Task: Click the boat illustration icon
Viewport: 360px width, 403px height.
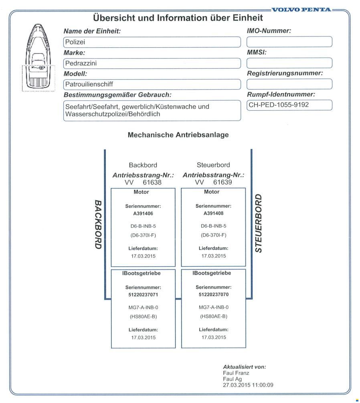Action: [x=38, y=58]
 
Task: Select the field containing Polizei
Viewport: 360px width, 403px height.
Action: [x=152, y=42]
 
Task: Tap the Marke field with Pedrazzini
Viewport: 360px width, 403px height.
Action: [x=152, y=63]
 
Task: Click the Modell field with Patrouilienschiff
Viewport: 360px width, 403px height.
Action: [x=152, y=84]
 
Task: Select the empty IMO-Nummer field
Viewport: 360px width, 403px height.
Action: [x=289, y=42]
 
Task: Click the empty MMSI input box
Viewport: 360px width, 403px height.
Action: [x=289, y=63]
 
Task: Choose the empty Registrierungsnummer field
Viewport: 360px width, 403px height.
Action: [x=289, y=84]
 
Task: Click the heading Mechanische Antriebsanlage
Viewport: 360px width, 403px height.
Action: [x=178, y=135]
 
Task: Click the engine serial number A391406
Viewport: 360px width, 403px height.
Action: [x=143, y=213]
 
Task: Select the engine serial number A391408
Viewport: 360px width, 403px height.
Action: [x=213, y=213]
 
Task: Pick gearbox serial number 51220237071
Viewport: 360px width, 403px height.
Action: [x=143, y=295]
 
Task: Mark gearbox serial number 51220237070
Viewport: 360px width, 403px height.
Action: [x=213, y=295]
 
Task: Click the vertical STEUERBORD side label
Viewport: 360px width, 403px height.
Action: [x=259, y=224]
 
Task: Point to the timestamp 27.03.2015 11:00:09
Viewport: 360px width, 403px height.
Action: [x=248, y=385]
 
